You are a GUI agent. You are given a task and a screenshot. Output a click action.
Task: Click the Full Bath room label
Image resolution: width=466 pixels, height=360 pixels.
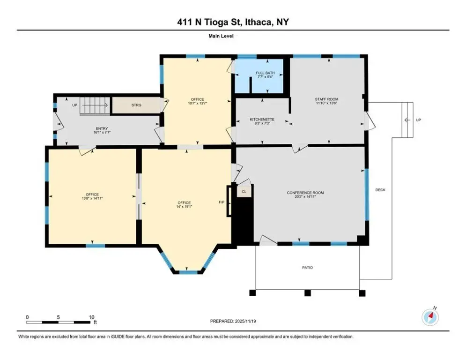point(265,73)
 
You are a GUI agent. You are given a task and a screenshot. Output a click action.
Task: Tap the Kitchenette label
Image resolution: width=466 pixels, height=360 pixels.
point(262,120)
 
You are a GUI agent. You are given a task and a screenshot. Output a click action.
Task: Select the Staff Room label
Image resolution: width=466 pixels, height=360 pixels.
point(326,99)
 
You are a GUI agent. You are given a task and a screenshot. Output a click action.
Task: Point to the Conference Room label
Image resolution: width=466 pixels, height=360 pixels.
point(305,193)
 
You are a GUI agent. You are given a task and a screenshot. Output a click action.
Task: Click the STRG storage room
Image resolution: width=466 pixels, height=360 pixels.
point(136,105)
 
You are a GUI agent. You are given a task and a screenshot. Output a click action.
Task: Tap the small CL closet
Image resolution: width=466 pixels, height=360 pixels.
point(244,191)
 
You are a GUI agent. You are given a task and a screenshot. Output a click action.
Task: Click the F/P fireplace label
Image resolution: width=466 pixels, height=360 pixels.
point(222,202)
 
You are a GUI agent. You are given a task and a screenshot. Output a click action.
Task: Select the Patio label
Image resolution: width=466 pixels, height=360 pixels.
point(307,268)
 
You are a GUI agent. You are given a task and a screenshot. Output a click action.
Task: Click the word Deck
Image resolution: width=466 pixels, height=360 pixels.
point(380,190)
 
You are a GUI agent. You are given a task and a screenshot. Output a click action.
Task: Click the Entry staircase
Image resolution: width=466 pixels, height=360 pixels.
point(95,106)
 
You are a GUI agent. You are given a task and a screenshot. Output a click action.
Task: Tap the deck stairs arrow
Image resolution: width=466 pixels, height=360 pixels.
point(407,120)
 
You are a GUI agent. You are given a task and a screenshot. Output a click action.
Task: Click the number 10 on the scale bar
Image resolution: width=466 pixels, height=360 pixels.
point(91,317)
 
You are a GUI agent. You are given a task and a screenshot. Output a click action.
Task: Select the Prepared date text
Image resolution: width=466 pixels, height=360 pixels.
point(233,321)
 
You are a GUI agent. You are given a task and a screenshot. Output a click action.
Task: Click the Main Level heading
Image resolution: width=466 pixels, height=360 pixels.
point(221,36)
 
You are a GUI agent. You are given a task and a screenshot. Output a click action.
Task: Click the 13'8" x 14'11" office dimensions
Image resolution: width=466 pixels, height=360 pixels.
point(92,198)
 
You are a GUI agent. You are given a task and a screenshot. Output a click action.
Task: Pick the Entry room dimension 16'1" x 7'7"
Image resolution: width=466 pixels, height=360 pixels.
point(102,133)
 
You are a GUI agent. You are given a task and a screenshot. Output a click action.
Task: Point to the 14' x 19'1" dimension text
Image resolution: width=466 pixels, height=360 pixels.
point(184,206)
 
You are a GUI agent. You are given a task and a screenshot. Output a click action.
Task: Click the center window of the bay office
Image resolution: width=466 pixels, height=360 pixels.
point(188,272)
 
